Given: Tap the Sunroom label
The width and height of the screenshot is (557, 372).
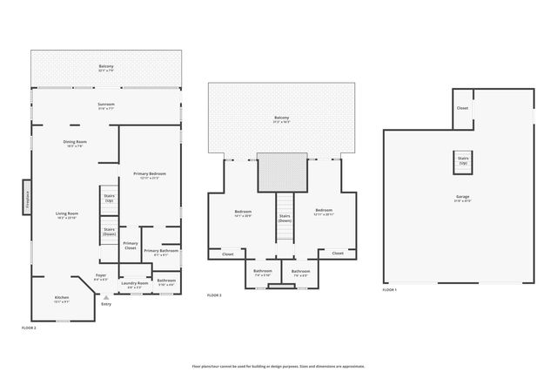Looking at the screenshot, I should point(106,106).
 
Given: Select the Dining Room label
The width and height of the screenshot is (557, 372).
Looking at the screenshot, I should point(74,144).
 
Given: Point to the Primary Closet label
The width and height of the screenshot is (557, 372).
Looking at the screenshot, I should point(131,245).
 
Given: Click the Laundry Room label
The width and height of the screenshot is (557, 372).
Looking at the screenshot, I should point(135,284).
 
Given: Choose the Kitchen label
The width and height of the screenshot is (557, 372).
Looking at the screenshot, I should point(62,299).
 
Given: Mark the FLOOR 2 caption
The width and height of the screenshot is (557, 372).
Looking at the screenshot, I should point(30,328).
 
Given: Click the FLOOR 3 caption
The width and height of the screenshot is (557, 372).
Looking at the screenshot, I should point(214,295).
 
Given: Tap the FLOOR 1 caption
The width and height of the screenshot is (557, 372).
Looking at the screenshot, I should point(390,289).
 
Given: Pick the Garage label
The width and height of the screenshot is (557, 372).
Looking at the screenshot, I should point(462,199).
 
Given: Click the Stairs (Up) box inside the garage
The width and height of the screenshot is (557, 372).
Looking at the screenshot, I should point(462,162).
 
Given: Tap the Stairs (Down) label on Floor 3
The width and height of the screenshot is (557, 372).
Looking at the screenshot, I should point(284,219).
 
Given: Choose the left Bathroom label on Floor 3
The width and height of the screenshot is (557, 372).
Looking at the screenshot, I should point(263,272).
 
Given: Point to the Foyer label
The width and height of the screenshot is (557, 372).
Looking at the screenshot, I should point(102,277).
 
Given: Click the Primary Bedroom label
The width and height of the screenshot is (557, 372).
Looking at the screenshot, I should point(150,176).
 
